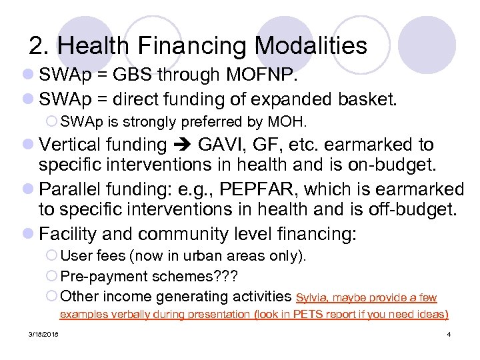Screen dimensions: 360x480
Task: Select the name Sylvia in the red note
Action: (311, 297)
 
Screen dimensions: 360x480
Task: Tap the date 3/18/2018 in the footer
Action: (43, 333)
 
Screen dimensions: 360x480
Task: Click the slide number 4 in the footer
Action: (450, 333)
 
